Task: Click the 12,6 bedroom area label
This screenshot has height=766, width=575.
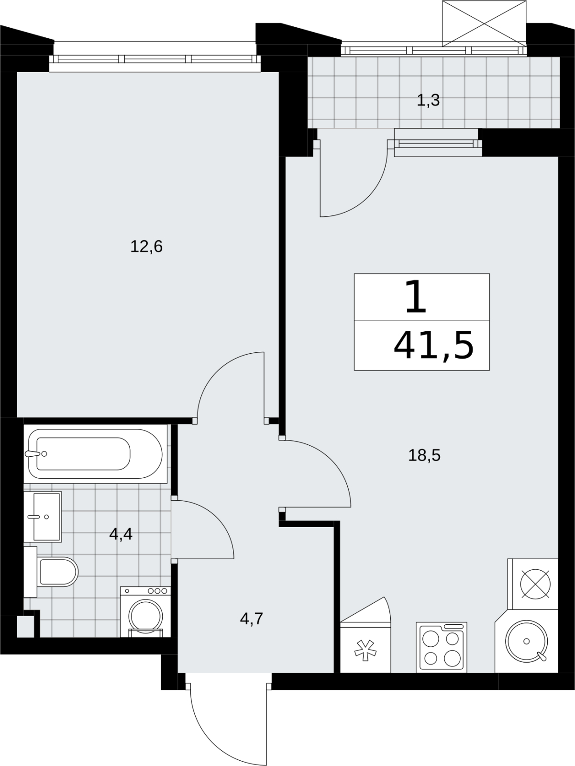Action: pyautogui.click(x=146, y=247)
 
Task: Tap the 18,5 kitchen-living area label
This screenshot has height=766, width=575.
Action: pyautogui.click(x=424, y=456)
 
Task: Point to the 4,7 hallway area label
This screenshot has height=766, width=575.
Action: pyautogui.click(x=252, y=619)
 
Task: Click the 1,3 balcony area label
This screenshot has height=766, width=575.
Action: pyautogui.click(x=428, y=101)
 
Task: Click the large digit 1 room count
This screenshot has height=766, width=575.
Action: pyautogui.click(x=416, y=297)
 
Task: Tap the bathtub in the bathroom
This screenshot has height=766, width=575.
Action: pyautogui.click(x=95, y=454)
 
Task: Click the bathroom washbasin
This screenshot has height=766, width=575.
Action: pyautogui.click(x=43, y=517)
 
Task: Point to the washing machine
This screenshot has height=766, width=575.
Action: pyautogui.click(x=145, y=612)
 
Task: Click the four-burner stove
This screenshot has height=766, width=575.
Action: pyautogui.click(x=442, y=647)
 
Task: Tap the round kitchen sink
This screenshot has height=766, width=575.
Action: pyautogui.click(x=527, y=641)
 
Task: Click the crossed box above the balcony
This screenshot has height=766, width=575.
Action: pyautogui.click(x=484, y=23)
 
